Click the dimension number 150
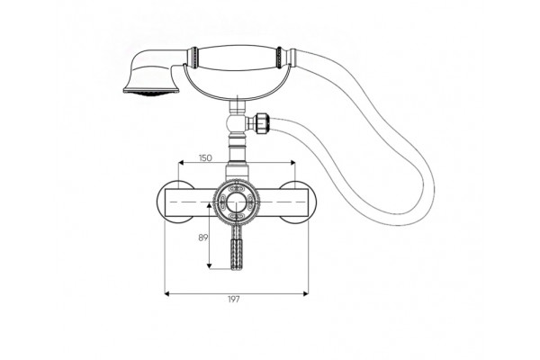[x=205, y=158]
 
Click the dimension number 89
[x=203, y=238]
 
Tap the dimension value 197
[x=233, y=300]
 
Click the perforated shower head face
[x=151, y=93]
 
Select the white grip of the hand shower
[x=237, y=57]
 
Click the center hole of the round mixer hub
[x=236, y=202]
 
